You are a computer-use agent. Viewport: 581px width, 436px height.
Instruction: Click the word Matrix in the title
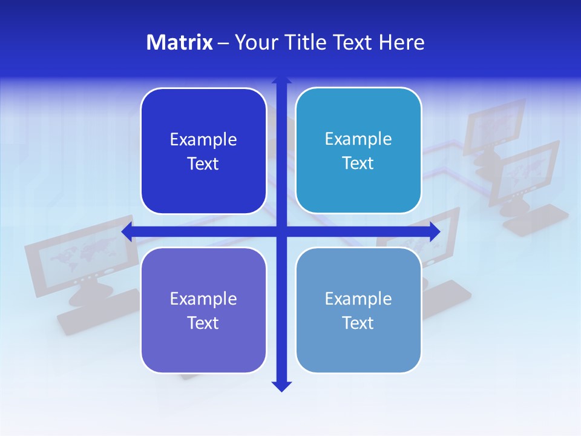[x=180, y=42]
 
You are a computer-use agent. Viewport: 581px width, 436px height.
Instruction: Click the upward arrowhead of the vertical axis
[x=281, y=79]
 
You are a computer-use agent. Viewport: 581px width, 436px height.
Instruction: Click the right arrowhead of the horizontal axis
[x=435, y=231]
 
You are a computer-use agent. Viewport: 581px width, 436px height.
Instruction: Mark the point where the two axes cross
[x=281, y=231]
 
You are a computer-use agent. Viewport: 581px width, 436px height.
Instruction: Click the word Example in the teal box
[x=358, y=139]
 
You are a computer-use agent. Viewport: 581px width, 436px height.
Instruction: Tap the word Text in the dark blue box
[x=203, y=164]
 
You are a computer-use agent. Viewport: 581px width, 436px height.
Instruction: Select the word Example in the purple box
[x=203, y=299]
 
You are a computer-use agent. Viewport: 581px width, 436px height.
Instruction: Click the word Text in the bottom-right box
[x=358, y=323]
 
